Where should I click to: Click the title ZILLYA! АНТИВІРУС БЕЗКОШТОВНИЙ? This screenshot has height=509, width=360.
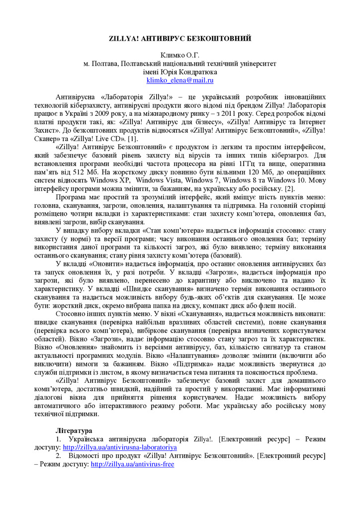coord(180,38)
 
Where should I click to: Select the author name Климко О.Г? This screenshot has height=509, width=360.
coord(180,55)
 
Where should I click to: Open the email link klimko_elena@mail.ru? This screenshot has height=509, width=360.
coord(180,80)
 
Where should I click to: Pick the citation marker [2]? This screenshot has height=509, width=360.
coord(289,189)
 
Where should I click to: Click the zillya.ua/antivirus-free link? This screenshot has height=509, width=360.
coord(132,464)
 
